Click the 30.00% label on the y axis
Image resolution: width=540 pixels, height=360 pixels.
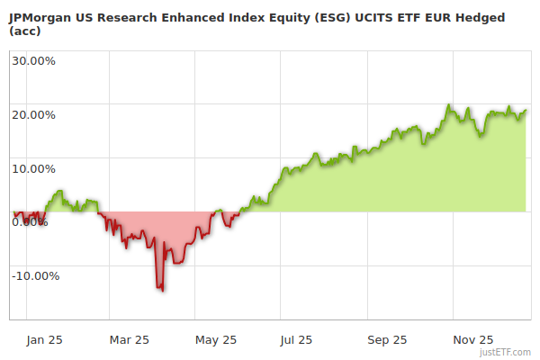pyautogui.click(x=33, y=61)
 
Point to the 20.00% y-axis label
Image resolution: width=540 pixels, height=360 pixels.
pyautogui.click(x=33, y=115)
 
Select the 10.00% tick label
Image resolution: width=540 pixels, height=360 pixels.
pyautogui.click(x=33, y=168)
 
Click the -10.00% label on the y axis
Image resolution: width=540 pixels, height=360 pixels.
pyautogui.click(x=35, y=276)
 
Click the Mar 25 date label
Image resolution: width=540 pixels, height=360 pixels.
pyautogui.click(x=129, y=340)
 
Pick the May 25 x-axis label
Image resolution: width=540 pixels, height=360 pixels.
pyautogui.click(x=216, y=340)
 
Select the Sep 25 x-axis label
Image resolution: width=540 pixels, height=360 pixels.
pyautogui.click(x=387, y=340)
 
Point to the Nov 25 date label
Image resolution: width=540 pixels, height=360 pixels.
pyautogui.click(x=472, y=340)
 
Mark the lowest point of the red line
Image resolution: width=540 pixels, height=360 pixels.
pyautogui.click(x=162, y=291)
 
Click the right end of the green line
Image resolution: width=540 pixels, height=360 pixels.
pyautogui.click(x=526, y=111)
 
